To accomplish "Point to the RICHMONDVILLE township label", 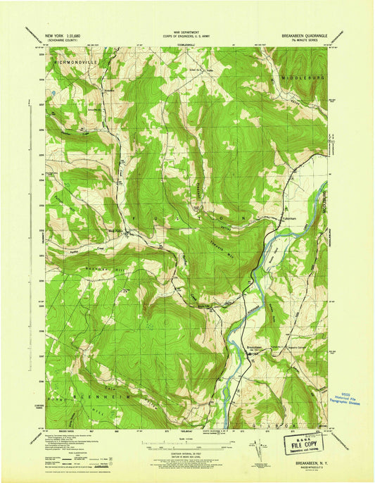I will coord(74,62).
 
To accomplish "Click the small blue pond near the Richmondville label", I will coord(52,92).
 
